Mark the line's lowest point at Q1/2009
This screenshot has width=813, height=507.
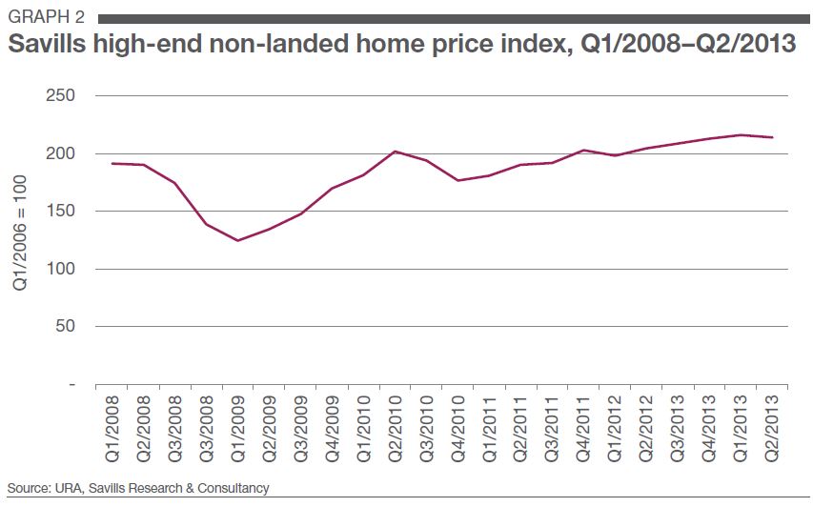pyautogui.click(x=236, y=240)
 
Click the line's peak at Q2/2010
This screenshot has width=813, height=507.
pyautogui.click(x=395, y=152)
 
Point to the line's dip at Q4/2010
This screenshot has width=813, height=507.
pyautogui.click(x=457, y=180)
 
